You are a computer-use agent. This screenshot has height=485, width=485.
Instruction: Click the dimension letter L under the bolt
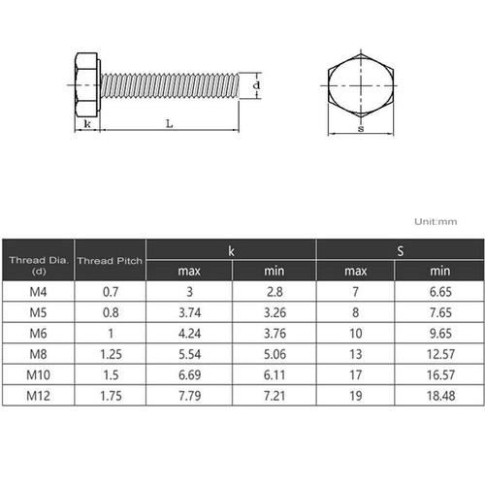169,123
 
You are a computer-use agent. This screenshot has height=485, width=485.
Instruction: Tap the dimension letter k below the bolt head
87,125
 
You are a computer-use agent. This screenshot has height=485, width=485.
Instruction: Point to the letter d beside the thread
255,86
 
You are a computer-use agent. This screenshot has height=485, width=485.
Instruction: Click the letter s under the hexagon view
361,127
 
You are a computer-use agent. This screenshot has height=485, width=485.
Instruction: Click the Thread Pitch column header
110,261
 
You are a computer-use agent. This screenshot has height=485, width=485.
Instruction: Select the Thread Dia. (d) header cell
38,261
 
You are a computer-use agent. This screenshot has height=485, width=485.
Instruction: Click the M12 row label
38,396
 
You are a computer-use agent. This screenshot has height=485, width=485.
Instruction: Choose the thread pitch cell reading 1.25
110,355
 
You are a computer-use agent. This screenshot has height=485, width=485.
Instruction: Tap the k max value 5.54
188,355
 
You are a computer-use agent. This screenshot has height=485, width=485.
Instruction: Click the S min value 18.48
440,396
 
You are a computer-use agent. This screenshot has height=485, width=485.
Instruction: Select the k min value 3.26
274,313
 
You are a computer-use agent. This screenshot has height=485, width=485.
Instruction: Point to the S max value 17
357,375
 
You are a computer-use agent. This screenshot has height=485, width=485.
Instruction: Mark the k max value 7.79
188,396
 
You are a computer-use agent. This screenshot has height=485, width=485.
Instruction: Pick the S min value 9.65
440,334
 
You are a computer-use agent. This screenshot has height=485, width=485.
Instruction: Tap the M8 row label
38,355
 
